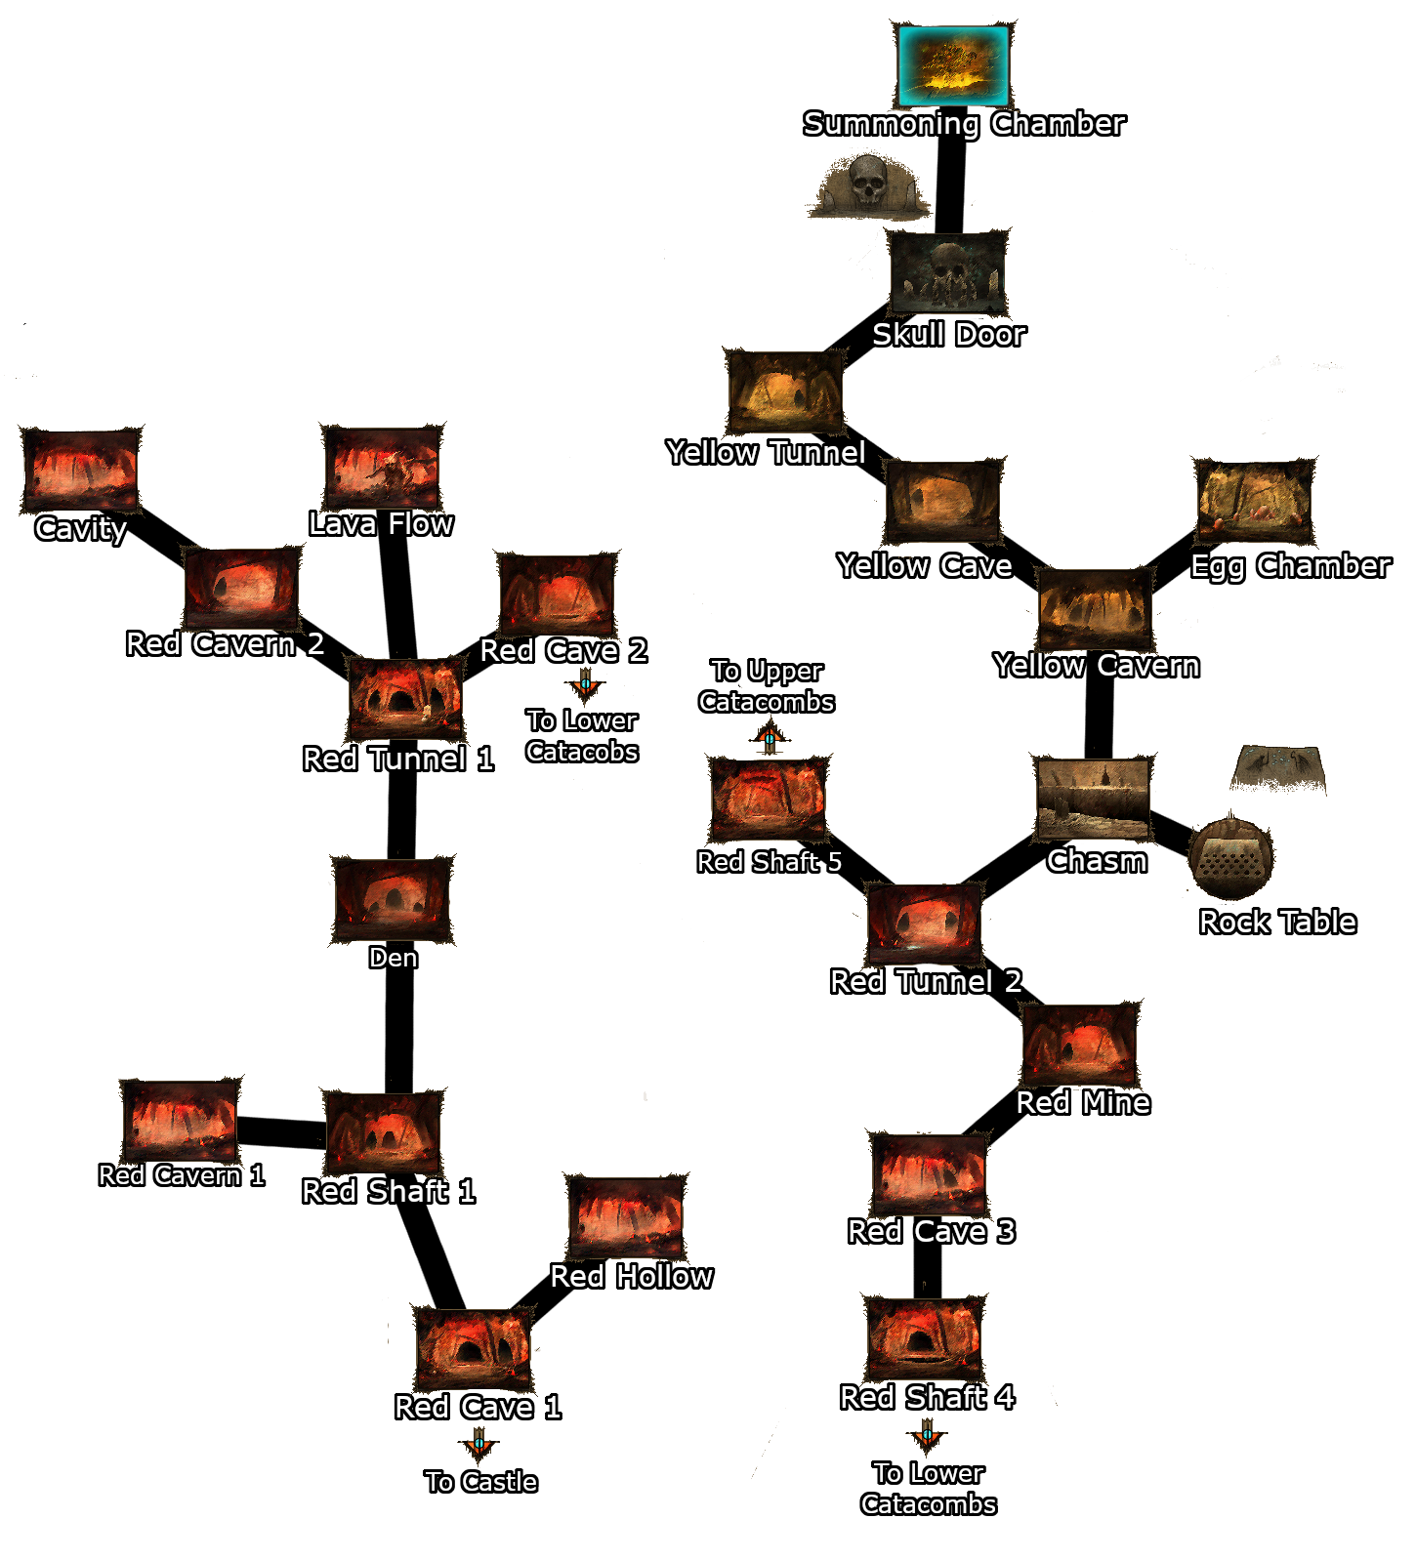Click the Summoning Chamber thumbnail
(953, 65)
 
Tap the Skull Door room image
(947, 272)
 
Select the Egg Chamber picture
(1255, 502)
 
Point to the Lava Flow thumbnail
(382, 467)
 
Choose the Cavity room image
(80, 470)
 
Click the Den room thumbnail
(393, 900)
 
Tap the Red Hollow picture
(627, 1217)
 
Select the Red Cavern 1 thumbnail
(180, 1120)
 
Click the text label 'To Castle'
(481, 1482)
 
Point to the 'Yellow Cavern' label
(1096, 666)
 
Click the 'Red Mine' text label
(1082, 1103)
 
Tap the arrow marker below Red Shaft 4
(927, 1435)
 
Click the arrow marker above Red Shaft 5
(770, 738)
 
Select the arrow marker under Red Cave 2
(585, 684)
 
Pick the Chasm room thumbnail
(1093, 800)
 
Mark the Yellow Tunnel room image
(784, 392)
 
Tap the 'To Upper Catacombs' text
(767, 686)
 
